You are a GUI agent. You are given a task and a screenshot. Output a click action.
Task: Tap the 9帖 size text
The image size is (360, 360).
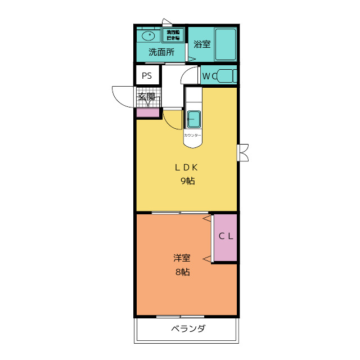(187, 181)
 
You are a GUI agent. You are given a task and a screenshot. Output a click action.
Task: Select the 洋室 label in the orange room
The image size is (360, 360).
(182, 259)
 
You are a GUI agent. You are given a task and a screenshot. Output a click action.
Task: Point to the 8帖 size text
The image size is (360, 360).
(182, 272)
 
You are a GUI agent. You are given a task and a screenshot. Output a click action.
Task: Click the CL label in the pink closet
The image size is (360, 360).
(226, 237)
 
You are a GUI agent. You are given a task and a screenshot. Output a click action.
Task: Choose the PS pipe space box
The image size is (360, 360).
(147, 75)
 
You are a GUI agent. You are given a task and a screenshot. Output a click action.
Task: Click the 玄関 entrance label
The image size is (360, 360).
(147, 97)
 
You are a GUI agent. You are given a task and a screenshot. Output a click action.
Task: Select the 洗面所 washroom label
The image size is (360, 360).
(161, 52)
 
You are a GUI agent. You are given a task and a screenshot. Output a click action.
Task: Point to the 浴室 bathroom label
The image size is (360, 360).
(202, 44)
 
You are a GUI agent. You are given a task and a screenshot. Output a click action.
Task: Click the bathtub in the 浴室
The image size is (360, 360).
(226, 44)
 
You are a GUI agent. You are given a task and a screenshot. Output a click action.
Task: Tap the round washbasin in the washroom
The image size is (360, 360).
(149, 36)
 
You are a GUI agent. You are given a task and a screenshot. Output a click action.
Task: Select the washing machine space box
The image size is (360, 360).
(173, 35)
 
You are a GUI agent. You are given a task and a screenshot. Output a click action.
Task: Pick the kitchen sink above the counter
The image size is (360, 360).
(193, 119)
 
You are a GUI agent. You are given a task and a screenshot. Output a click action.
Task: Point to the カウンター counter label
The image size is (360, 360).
(192, 136)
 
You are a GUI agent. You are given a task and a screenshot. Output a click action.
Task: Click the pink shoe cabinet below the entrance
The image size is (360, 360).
(148, 112)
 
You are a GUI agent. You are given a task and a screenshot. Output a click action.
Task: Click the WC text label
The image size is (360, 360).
(208, 76)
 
